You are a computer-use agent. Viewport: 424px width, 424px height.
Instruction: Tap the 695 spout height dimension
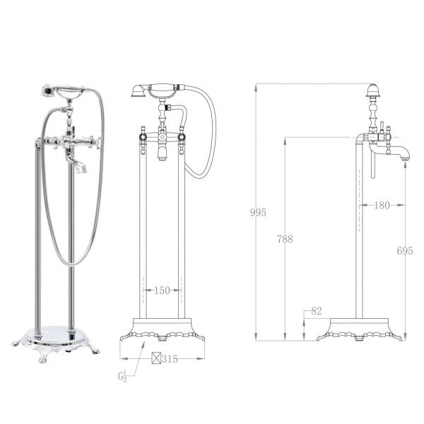[x=405, y=250]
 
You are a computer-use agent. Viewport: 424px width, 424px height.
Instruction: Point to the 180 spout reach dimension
[x=382, y=206]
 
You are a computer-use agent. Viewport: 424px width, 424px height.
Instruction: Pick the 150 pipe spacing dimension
[x=162, y=290]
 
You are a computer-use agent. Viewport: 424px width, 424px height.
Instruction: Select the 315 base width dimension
[x=169, y=359]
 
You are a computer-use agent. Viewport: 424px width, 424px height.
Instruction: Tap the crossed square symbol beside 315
[x=155, y=359]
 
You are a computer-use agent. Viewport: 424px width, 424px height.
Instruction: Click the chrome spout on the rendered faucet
[x=81, y=167]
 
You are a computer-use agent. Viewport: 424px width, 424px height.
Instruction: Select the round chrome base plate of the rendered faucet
[x=57, y=332]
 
